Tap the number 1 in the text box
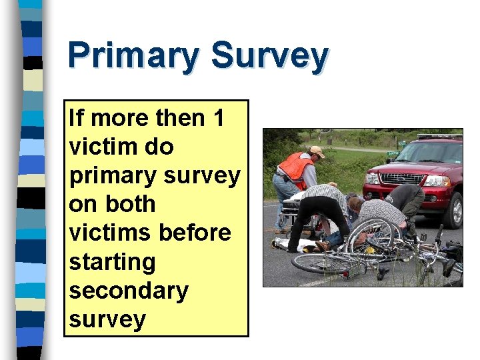tap(218, 118)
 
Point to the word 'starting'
tap(111, 262)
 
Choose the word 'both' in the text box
tap(130, 204)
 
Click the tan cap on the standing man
tap(317, 151)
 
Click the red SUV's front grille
tap(393, 179)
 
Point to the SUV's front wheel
tap(456, 211)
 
